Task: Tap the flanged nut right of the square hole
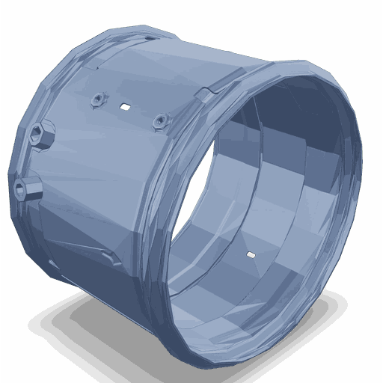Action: click(x=159, y=119)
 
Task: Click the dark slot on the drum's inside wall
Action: click(x=252, y=256)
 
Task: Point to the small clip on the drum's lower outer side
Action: click(x=112, y=259)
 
